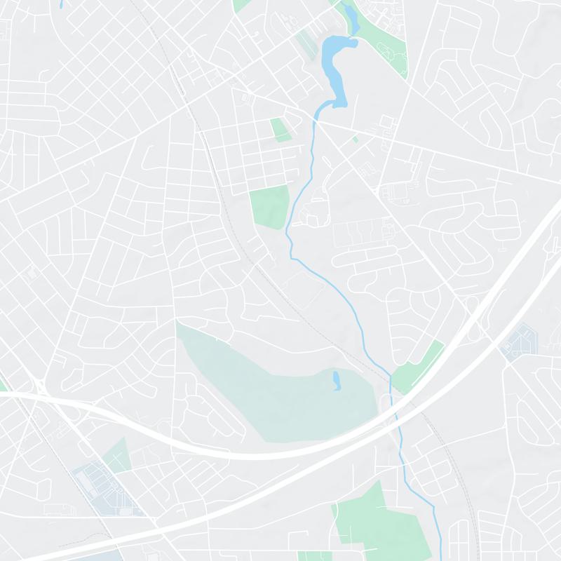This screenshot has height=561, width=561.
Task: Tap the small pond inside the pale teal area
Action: pyautogui.click(x=337, y=381)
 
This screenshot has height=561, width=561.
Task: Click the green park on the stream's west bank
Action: pyautogui.click(x=270, y=205)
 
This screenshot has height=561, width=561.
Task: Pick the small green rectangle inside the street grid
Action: pyautogui.click(x=279, y=130)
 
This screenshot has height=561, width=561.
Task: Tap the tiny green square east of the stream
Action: pyautogui.click(x=355, y=140)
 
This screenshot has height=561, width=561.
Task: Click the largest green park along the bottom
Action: pyautogui.click(x=365, y=522)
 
